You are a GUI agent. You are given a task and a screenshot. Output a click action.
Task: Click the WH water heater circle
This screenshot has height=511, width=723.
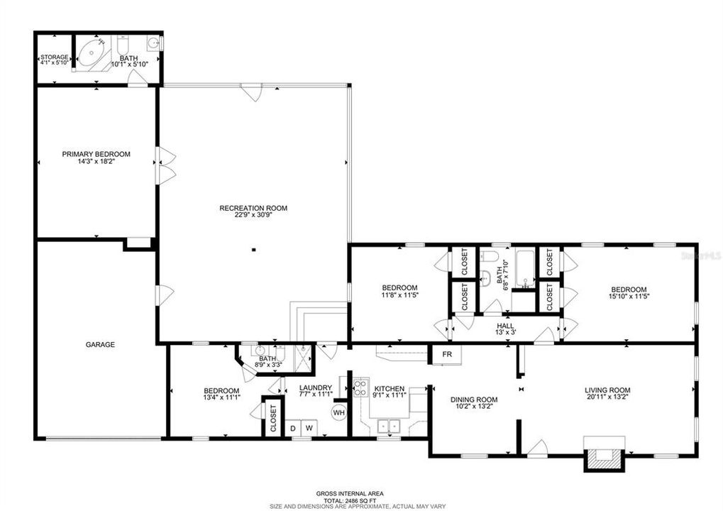338,412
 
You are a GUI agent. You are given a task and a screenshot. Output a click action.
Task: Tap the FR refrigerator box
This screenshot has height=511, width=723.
447,353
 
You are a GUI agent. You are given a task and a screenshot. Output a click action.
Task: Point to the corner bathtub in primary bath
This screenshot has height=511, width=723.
92,55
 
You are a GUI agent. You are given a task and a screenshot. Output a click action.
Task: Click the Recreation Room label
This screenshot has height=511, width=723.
253,208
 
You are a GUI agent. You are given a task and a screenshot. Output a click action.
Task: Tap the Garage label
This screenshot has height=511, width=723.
100,344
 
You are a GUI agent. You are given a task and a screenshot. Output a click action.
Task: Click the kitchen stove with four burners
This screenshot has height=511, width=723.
360,387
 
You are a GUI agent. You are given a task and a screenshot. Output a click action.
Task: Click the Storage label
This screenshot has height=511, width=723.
53,57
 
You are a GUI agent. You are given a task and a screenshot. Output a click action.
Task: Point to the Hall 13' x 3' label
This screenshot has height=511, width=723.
505,331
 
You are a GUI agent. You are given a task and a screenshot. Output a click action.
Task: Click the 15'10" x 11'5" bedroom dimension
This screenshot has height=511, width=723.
629,297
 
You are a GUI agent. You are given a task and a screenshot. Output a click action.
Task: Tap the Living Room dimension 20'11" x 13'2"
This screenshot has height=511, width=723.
607,399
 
